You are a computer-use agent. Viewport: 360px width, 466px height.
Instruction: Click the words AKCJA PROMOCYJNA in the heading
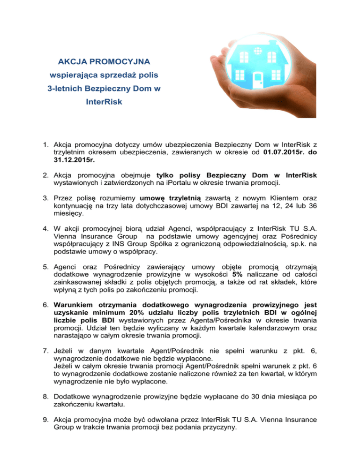(x=104, y=61)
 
